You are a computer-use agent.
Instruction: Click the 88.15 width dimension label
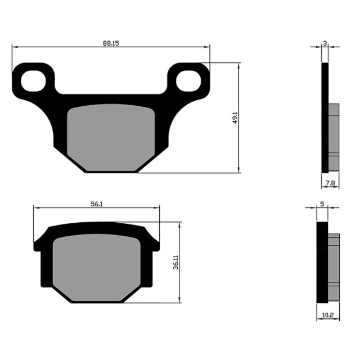point(110,43)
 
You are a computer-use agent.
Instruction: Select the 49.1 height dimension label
point(235,118)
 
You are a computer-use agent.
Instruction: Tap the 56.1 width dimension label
point(96,204)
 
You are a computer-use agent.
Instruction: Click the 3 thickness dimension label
point(325,43)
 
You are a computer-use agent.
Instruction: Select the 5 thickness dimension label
point(322,204)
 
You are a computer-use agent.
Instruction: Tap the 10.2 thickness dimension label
point(327,317)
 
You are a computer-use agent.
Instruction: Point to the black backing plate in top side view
point(324,118)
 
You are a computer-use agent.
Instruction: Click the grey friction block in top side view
point(333,137)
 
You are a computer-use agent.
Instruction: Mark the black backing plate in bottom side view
point(322,262)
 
